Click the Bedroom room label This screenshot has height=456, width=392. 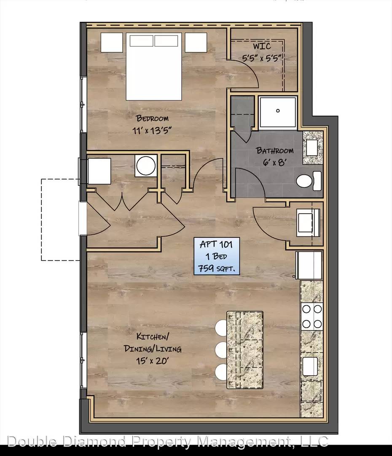pos(152,118)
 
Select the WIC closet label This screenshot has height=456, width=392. pos(262,46)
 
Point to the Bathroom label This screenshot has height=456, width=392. pos(274,150)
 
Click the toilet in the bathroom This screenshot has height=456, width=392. pos(309,181)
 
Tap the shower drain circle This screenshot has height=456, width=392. pos(278,111)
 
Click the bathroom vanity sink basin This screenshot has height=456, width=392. pos(312,148)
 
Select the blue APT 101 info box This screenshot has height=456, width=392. pos(217,256)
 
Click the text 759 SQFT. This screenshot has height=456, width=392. pos(216,268)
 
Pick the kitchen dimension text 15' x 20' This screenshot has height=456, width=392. pos(152,361)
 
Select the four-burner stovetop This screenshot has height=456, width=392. pos(312,316)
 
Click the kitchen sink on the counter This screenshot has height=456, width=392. pos(310,366)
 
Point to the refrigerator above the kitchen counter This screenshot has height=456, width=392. pos(309,265)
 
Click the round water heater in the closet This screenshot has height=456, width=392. pos(146,166)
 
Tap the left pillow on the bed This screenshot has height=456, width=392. pos(141,41)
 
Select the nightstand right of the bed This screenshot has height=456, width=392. pos(196,43)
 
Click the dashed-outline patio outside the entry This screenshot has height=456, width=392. pos(60,220)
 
